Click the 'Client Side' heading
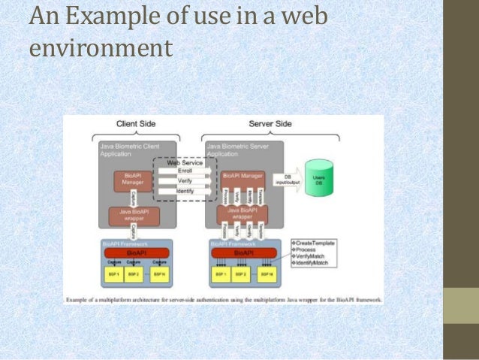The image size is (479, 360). click(x=136, y=123)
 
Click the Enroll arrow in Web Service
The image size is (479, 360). click(x=185, y=171)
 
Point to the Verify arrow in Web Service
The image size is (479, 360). click(x=185, y=181)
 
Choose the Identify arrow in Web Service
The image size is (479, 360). click(x=185, y=192)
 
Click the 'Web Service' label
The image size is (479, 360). click(x=185, y=162)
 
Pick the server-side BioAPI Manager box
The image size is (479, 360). click(x=243, y=175)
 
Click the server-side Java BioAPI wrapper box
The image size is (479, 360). click(x=243, y=216)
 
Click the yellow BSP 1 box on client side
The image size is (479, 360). click(x=113, y=275)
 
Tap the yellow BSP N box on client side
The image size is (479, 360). click(x=158, y=275)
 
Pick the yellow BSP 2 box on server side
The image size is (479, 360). click(x=242, y=275)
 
